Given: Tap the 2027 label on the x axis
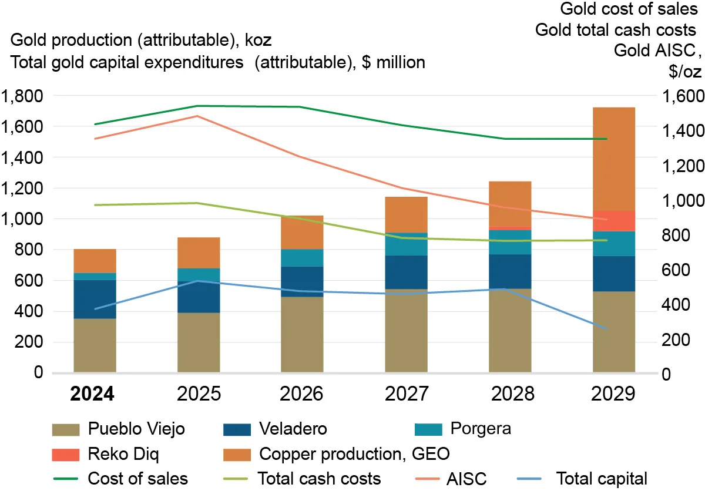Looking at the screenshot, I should point(406,393).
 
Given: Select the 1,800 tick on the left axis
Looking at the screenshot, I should point(23,96).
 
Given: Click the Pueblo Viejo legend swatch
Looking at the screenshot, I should point(65,429).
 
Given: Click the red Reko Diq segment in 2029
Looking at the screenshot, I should point(614,221).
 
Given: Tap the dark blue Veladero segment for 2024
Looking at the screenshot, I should point(95,299).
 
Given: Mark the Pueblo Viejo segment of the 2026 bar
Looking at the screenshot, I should point(302,334).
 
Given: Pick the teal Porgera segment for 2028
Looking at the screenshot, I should point(510,242).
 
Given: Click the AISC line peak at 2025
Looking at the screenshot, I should point(199,116).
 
